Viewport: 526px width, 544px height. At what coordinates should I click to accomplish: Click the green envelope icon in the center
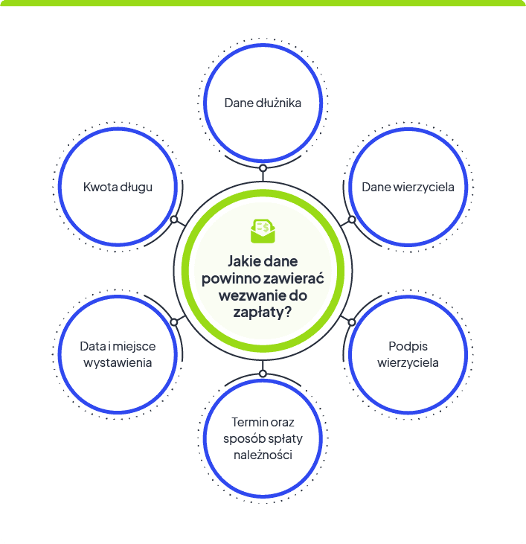coord(263,231)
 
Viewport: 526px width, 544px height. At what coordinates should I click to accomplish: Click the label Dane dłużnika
coord(263,103)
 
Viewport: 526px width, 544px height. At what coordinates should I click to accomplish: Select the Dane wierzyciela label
coord(408,187)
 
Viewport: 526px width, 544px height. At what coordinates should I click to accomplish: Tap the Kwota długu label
coord(118,188)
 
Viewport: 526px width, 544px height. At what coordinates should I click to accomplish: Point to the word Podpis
coord(408,347)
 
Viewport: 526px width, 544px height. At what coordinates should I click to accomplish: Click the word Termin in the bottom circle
coord(245,422)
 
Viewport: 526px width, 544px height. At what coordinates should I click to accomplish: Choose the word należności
coord(263,455)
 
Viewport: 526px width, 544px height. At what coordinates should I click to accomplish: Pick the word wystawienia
coord(118,363)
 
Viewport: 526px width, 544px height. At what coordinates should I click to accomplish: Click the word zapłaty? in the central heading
coord(263,313)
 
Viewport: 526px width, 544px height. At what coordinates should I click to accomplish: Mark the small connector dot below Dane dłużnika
coord(263,168)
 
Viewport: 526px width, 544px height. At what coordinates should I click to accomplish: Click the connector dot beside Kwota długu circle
coord(174,220)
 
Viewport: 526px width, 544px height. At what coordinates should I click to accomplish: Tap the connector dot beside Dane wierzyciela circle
coord(352,220)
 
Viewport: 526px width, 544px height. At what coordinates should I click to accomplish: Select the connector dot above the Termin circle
coord(263,374)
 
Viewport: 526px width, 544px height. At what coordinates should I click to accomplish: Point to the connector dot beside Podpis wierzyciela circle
coord(352,322)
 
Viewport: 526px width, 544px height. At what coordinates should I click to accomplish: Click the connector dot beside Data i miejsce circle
coord(174,322)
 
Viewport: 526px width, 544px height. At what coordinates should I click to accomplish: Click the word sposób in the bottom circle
coord(240,439)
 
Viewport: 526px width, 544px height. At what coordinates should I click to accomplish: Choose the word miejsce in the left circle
coord(134,347)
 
